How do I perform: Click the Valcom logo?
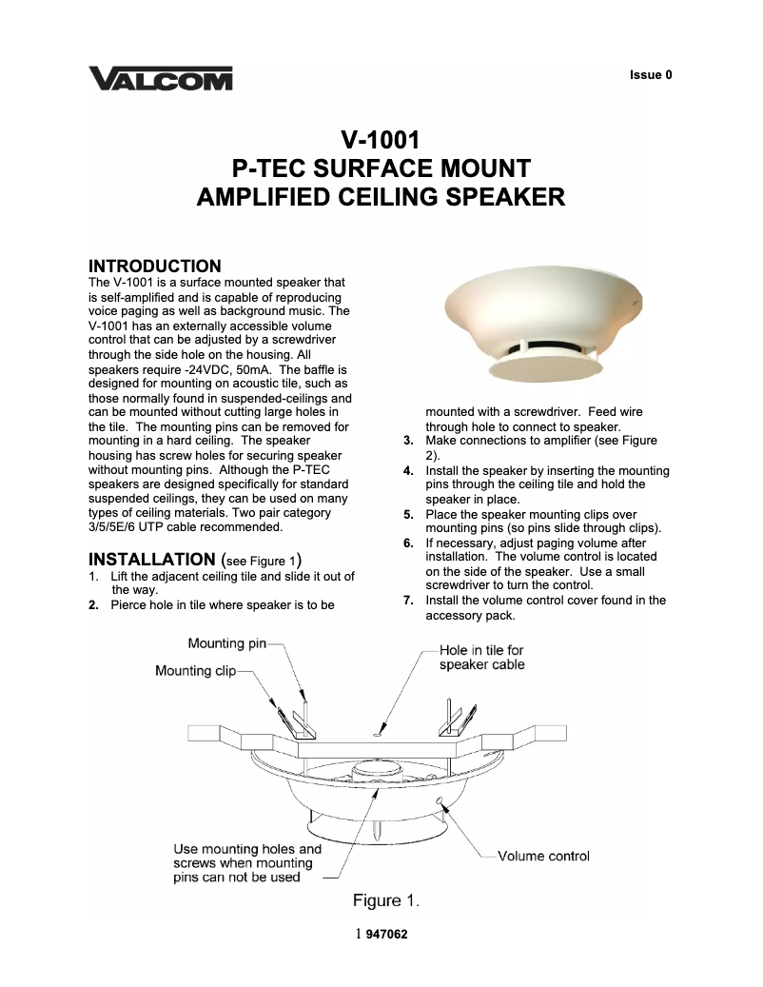click(x=160, y=77)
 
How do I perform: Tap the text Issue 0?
click(x=651, y=74)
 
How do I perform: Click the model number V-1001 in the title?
click(x=381, y=141)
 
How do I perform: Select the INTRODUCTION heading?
click(x=154, y=266)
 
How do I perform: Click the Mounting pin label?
click(x=226, y=643)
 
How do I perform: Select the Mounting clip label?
click(x=195, y=671)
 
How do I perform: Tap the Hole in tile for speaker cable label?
click(x=482, y=657)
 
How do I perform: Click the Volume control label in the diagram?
click(x=543, y=856)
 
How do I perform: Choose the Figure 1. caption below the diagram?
click(x=386, y=900)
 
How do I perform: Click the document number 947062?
click(x=386, y=935)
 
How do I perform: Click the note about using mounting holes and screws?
click(x=246, y=862)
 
